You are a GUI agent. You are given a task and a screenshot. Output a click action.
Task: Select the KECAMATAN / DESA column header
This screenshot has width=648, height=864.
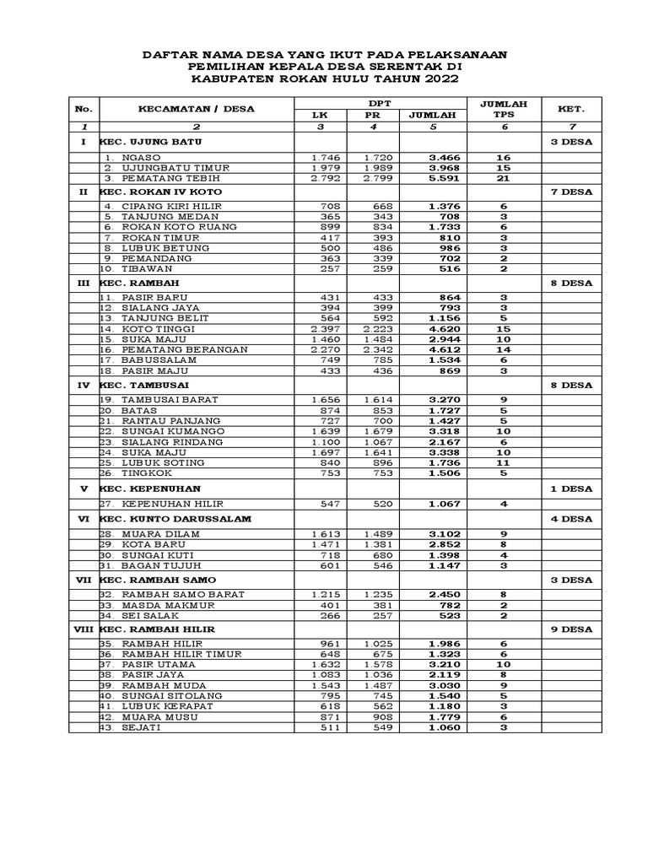pos(196,108)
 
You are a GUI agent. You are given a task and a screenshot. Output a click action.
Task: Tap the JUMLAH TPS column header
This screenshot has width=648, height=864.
pos(503,108)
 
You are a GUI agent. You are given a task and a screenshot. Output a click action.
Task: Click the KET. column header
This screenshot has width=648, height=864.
pos(571,108)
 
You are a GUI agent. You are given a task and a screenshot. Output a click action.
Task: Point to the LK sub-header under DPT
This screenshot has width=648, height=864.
pos(319,114)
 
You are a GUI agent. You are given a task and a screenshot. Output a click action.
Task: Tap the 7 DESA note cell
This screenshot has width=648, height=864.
pos(571,192)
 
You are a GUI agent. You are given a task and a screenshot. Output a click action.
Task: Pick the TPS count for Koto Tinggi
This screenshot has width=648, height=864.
pos(503,328)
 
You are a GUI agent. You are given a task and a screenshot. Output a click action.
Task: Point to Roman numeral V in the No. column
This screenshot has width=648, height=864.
pos(83,489)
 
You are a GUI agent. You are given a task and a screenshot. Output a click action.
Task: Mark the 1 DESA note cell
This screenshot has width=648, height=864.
pos(571,489)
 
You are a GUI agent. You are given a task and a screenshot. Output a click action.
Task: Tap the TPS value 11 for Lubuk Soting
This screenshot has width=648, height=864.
pos(503,462)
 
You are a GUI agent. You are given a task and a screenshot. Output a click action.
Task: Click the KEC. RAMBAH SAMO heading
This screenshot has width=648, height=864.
pos(158,580)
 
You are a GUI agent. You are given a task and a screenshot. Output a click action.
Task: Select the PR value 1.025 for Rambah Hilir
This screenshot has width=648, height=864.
pos(372,644)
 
